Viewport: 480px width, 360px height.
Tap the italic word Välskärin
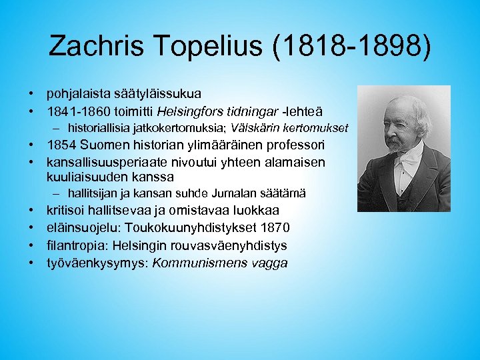coord(257,127)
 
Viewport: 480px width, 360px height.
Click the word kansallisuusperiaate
coord(108,161)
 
